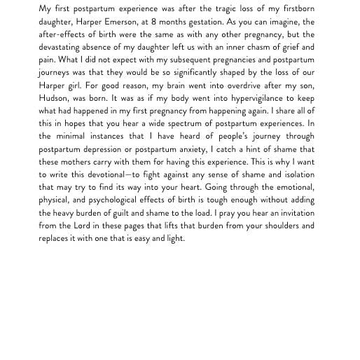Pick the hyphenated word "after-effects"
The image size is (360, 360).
(64, 34)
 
